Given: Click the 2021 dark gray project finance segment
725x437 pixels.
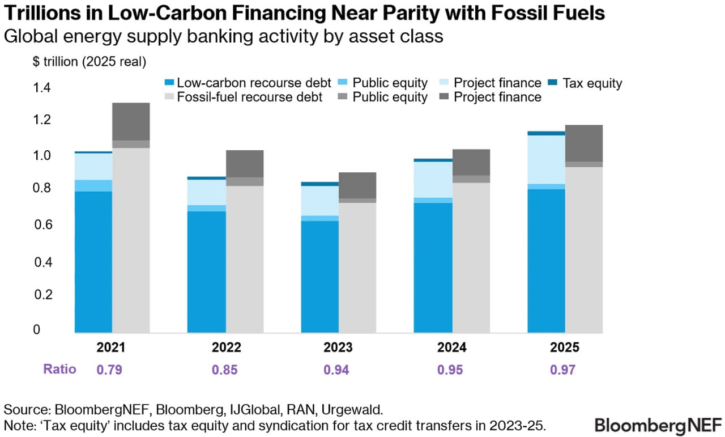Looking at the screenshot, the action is click(131, 121).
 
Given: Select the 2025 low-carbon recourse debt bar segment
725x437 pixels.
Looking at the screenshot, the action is click(547, 261).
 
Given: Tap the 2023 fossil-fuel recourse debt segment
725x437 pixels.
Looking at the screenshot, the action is click(357, 268).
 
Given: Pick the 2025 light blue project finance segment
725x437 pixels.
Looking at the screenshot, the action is click(547, 160).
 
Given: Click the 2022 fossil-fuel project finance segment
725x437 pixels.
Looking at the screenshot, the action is click(245, 164).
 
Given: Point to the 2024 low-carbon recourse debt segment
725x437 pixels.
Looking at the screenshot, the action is click(433, 268).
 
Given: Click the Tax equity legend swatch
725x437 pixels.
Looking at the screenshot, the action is click(553, 83).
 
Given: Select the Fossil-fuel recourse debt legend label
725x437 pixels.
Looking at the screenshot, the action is click(250, 97).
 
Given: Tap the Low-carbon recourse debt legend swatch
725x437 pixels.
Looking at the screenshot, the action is click(169, 83).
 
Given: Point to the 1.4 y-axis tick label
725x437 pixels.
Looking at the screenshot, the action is click(42, 87).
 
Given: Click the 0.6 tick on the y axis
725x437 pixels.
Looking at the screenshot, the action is click(43, 224).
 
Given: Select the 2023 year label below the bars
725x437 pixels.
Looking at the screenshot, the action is click(338, 347).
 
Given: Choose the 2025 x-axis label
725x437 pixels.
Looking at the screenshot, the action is click(565, 347).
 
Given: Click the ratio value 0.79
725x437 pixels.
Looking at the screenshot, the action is click(109, 370).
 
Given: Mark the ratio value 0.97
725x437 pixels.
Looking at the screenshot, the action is click(563, 370).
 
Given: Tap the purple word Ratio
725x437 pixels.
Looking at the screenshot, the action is click(60, 369).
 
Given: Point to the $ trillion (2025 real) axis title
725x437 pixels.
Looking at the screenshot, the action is click(89, 62).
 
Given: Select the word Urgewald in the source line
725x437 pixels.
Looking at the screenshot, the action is click(352, 410).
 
